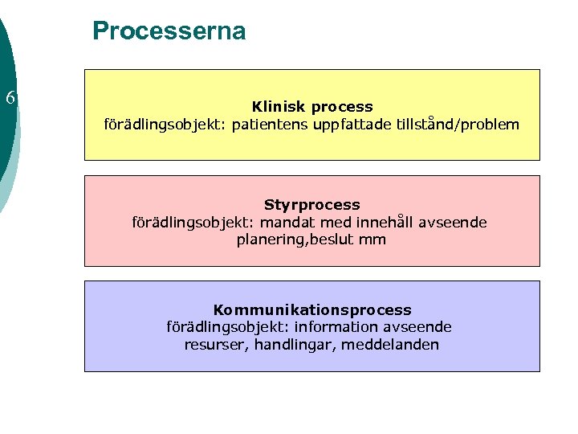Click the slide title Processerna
[169, 31]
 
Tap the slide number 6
[10, 100]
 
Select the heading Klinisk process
[312, 106]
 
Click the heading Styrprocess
[312, 205]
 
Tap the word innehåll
[366, 222]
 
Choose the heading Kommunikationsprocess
[312, 309]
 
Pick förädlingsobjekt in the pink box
[183, 222]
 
